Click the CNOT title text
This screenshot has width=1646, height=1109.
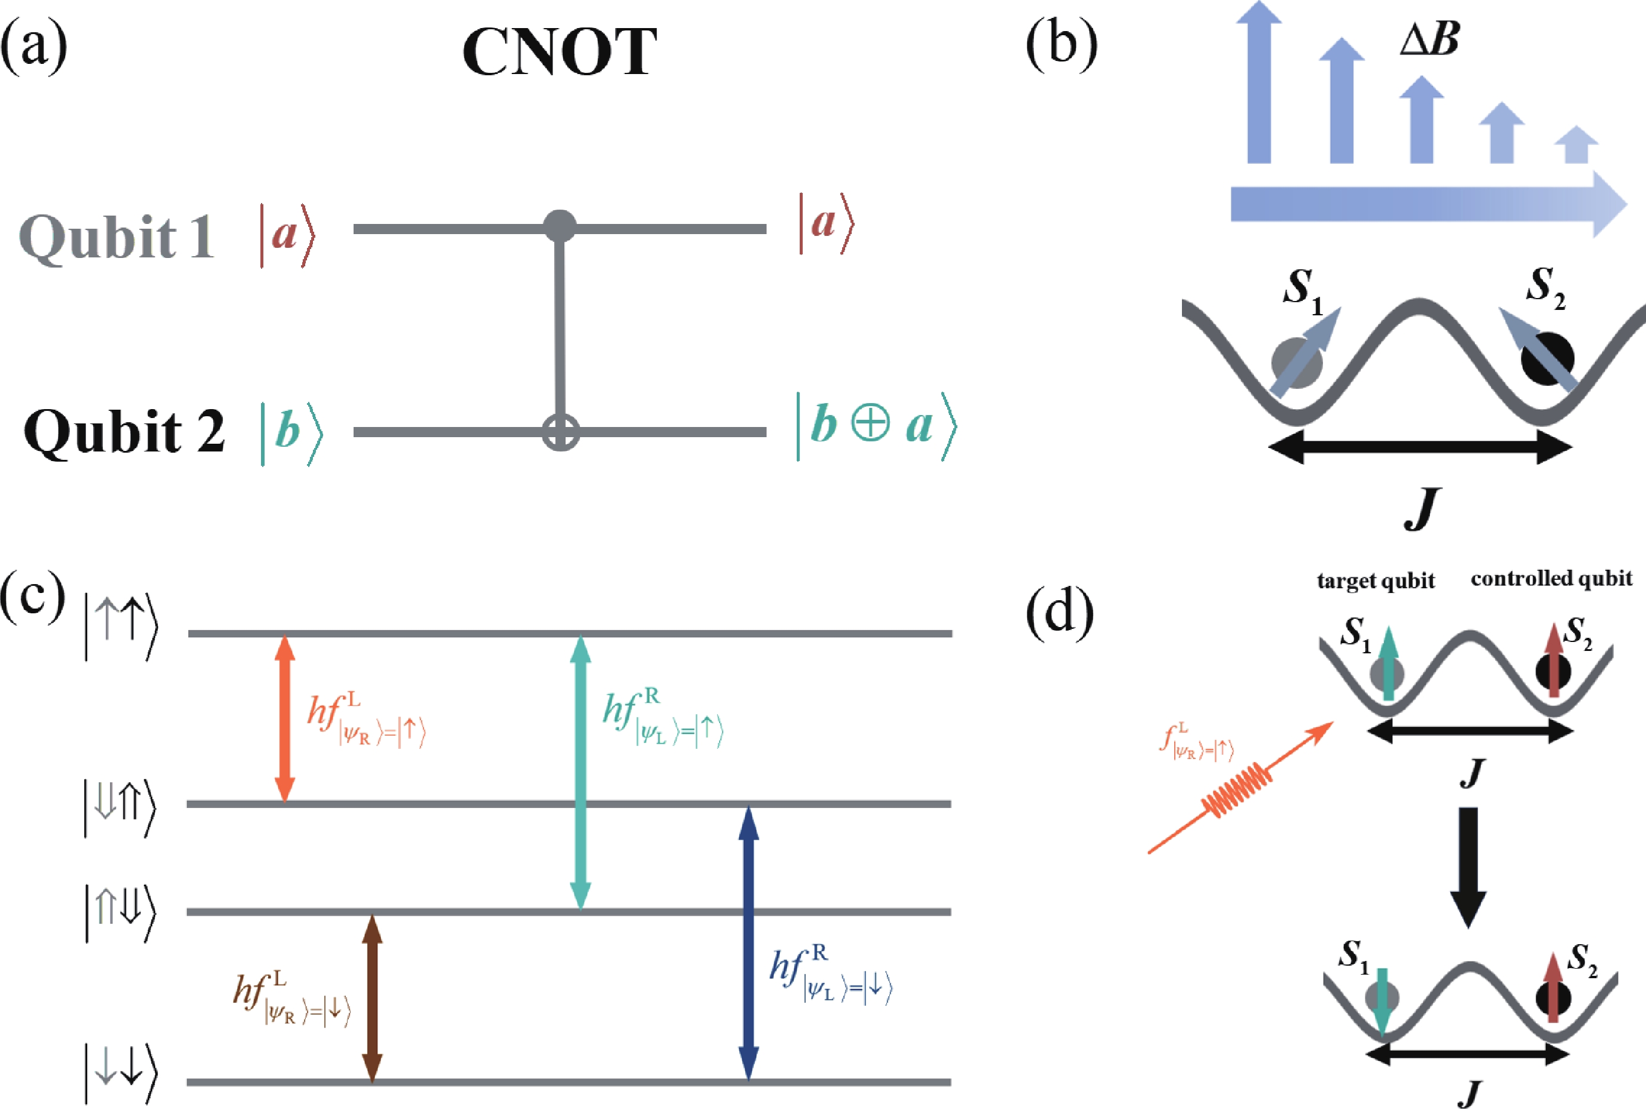click(560, 53)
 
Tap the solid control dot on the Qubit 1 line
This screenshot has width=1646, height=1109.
click(560, 226)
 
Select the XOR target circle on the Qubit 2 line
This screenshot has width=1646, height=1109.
click(561, 431)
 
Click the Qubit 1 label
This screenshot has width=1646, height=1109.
click(116, 236)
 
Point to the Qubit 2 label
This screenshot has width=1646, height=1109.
click(124, 431)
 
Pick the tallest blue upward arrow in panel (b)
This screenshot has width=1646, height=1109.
click(1259, 85)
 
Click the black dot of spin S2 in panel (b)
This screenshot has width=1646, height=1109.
click(1547, 358)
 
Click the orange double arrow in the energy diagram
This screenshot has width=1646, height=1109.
click(284, 718)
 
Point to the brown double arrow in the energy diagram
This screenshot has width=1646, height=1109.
click(372, 997)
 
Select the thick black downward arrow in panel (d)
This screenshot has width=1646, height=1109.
click(1469, 867)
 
